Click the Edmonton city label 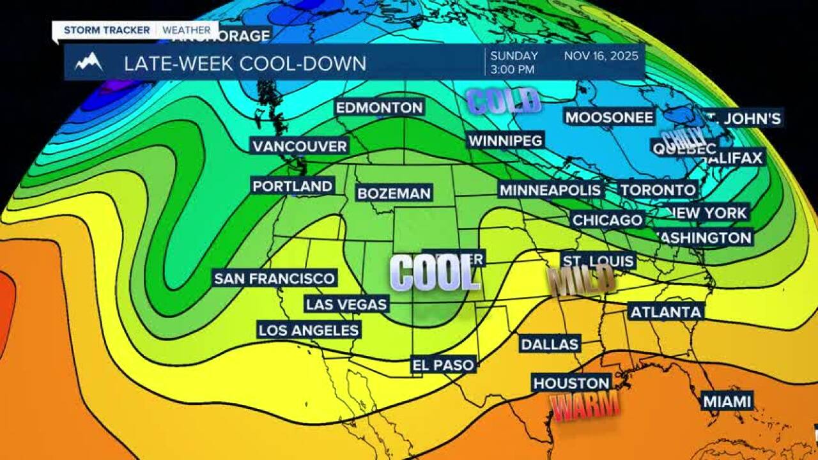tap(380, 108)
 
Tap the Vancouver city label tap(299, 146)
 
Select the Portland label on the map tap(293, 187)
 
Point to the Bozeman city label tap(394, 193)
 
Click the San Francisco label tap(274, 279)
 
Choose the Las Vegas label tap(346, 304)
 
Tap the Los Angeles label tap(308, 330)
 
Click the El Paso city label tap(444, 365)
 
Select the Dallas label tap(550, 344)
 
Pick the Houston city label tap(571, 383)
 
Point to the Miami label tap(727, 401)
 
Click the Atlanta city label tap(666, 312)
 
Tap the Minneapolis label tap(550, 190)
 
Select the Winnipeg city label tap(505, 140)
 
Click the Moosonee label tap(609, 117)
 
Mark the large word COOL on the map tap(434, 273)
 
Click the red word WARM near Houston tap(585, 406)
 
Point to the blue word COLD tap(504, 101)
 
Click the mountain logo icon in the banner tap(89, 63)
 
